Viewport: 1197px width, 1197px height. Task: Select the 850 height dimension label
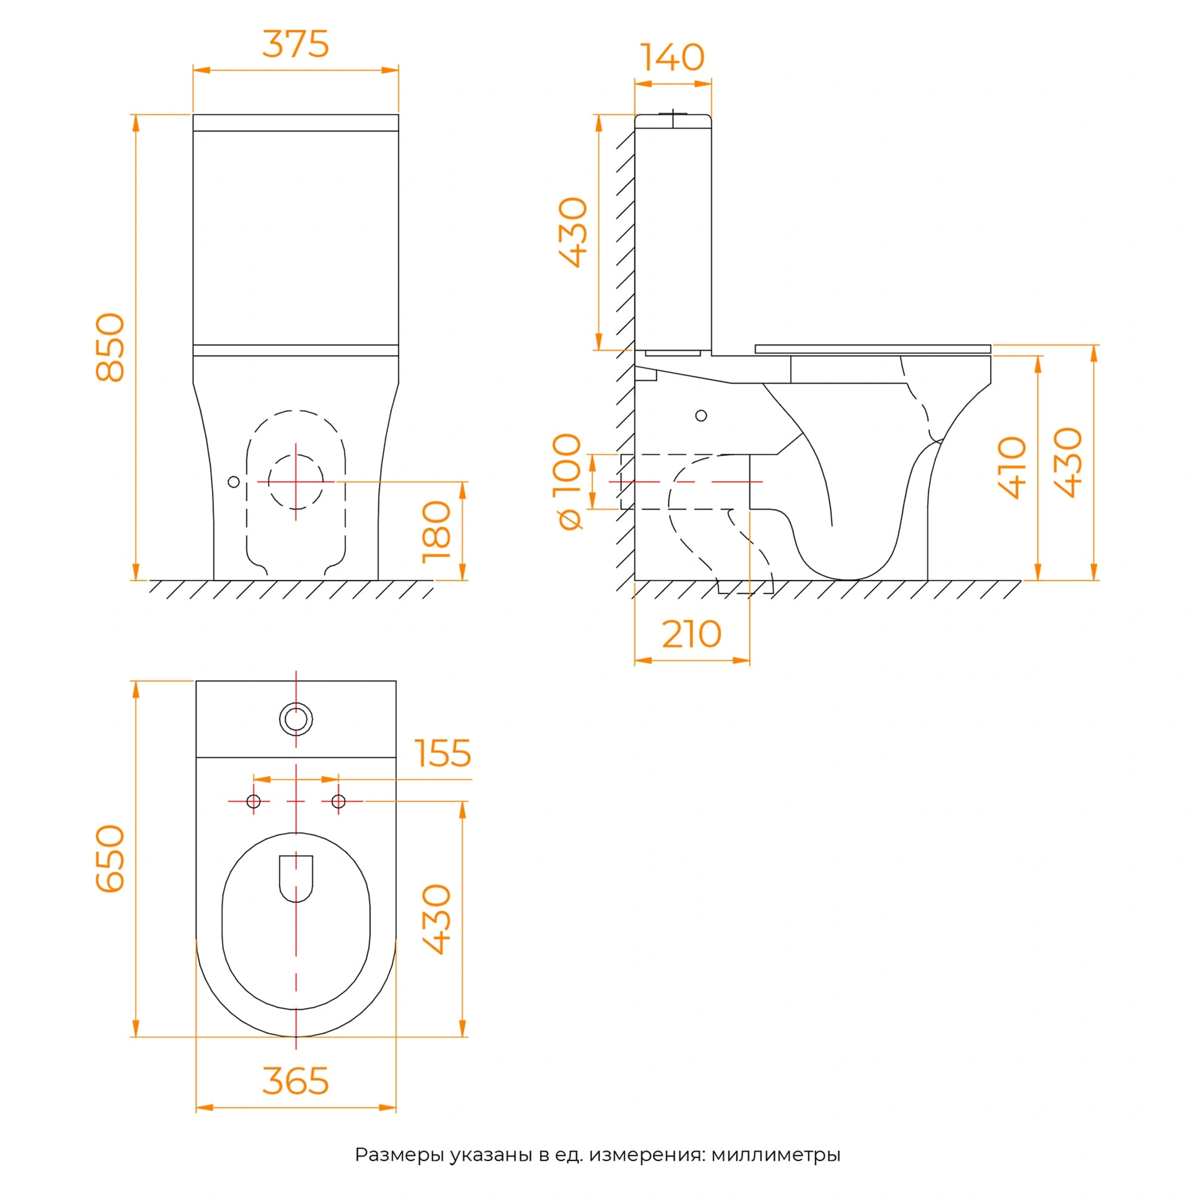110,348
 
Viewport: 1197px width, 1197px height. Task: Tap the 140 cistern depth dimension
672,57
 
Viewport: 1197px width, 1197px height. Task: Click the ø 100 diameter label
567,481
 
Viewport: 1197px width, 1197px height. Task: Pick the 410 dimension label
1013,468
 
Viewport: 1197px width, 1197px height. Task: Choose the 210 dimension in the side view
692,634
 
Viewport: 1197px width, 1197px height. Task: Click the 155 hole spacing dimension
443,753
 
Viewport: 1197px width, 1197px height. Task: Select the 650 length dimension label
110,859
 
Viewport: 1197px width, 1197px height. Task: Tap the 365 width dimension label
296,1081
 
